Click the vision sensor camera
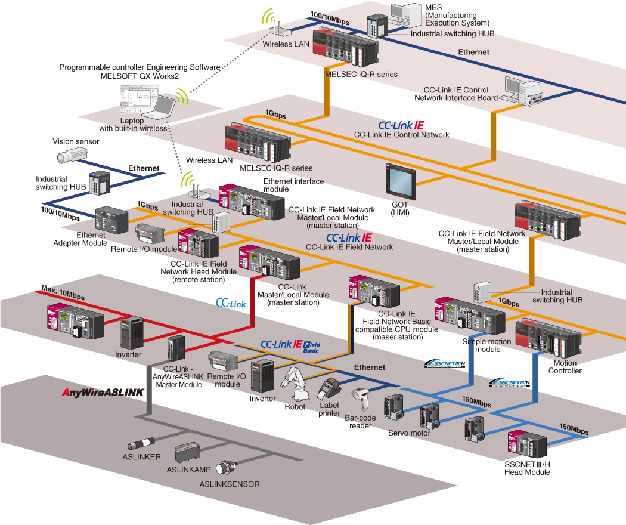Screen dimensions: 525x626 pos(72,156)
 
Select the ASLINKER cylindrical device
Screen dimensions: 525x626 pos(141,444)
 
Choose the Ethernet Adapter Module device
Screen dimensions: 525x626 pos(112,220)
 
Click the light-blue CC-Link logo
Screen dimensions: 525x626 pos(231,303)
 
